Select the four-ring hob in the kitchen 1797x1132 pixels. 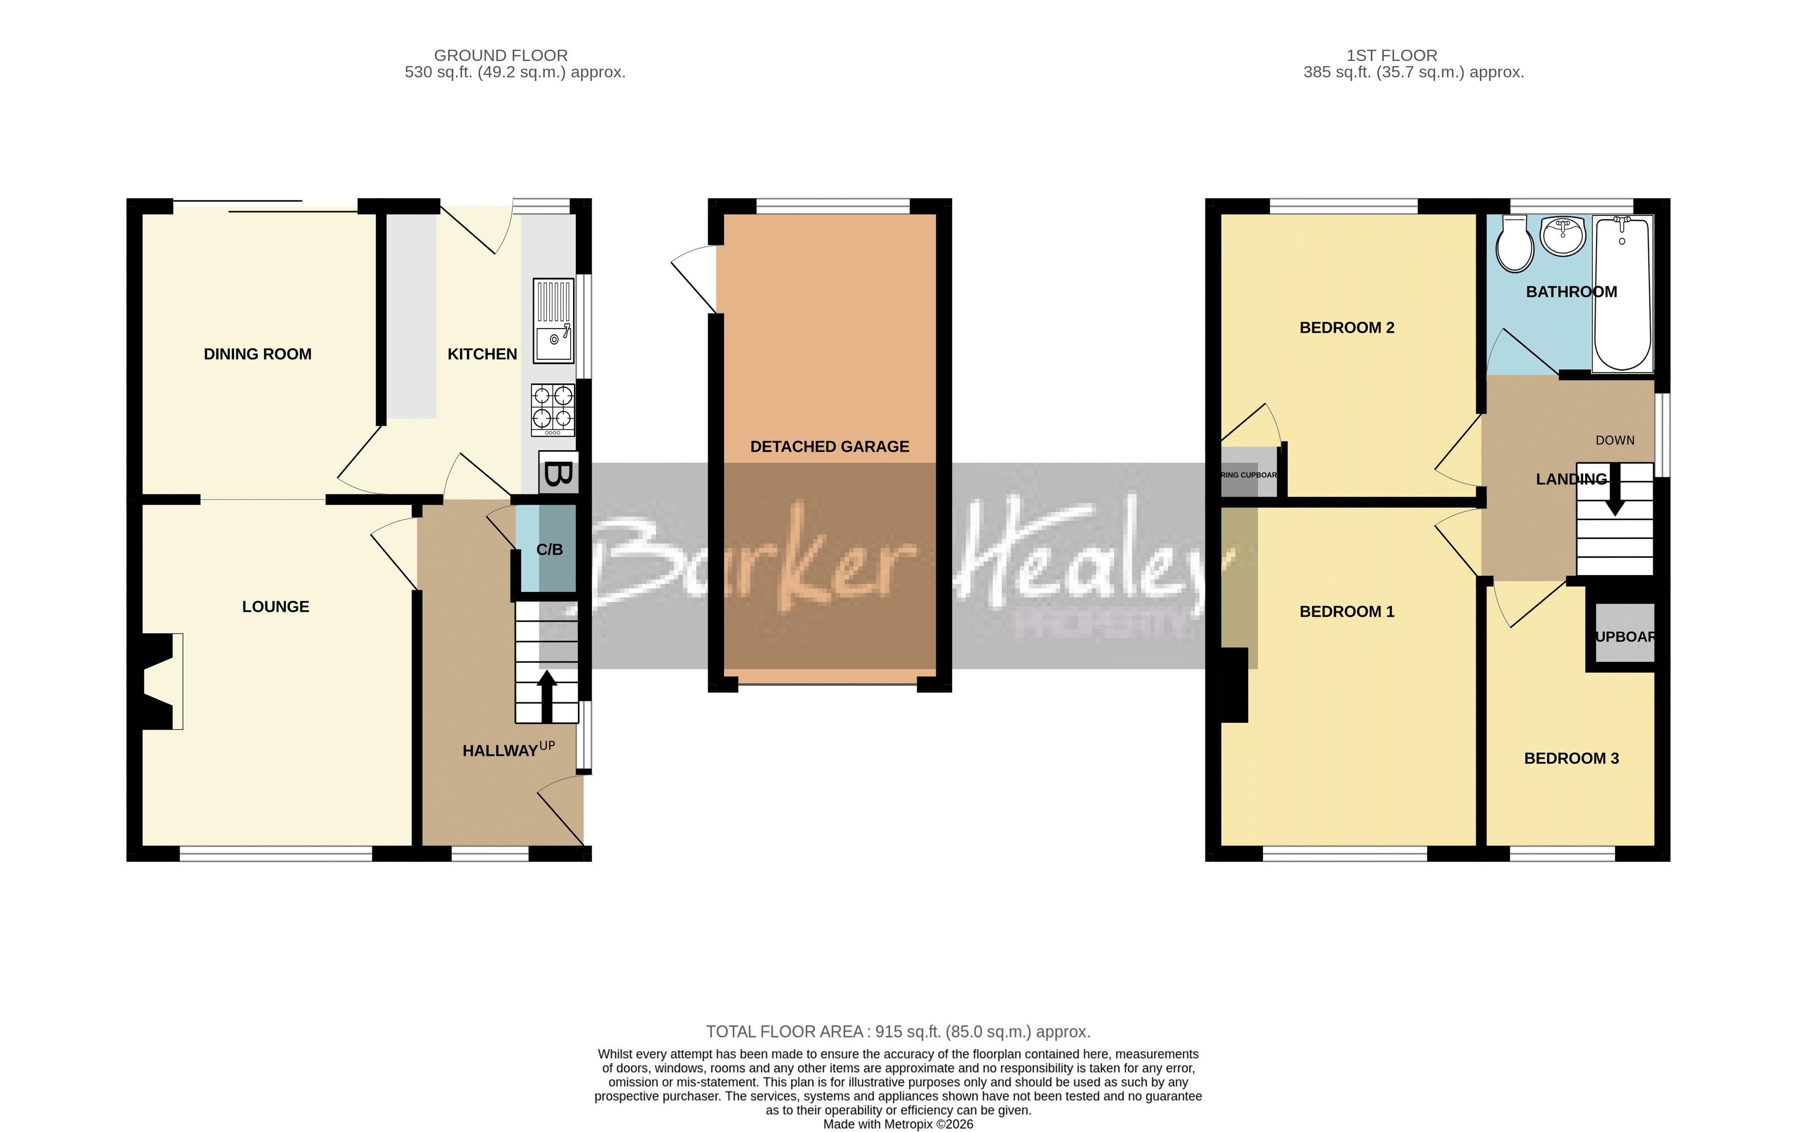(x=553, y=409)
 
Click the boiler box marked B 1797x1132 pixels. (x=557, y=473)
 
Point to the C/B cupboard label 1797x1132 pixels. (x=549, y=550)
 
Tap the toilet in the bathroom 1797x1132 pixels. (x=1514, y=245)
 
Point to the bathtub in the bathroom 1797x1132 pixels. (x=1622, y=293)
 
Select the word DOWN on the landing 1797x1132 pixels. (x=1615, y=440)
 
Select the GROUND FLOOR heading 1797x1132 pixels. (x=501, y=55)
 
